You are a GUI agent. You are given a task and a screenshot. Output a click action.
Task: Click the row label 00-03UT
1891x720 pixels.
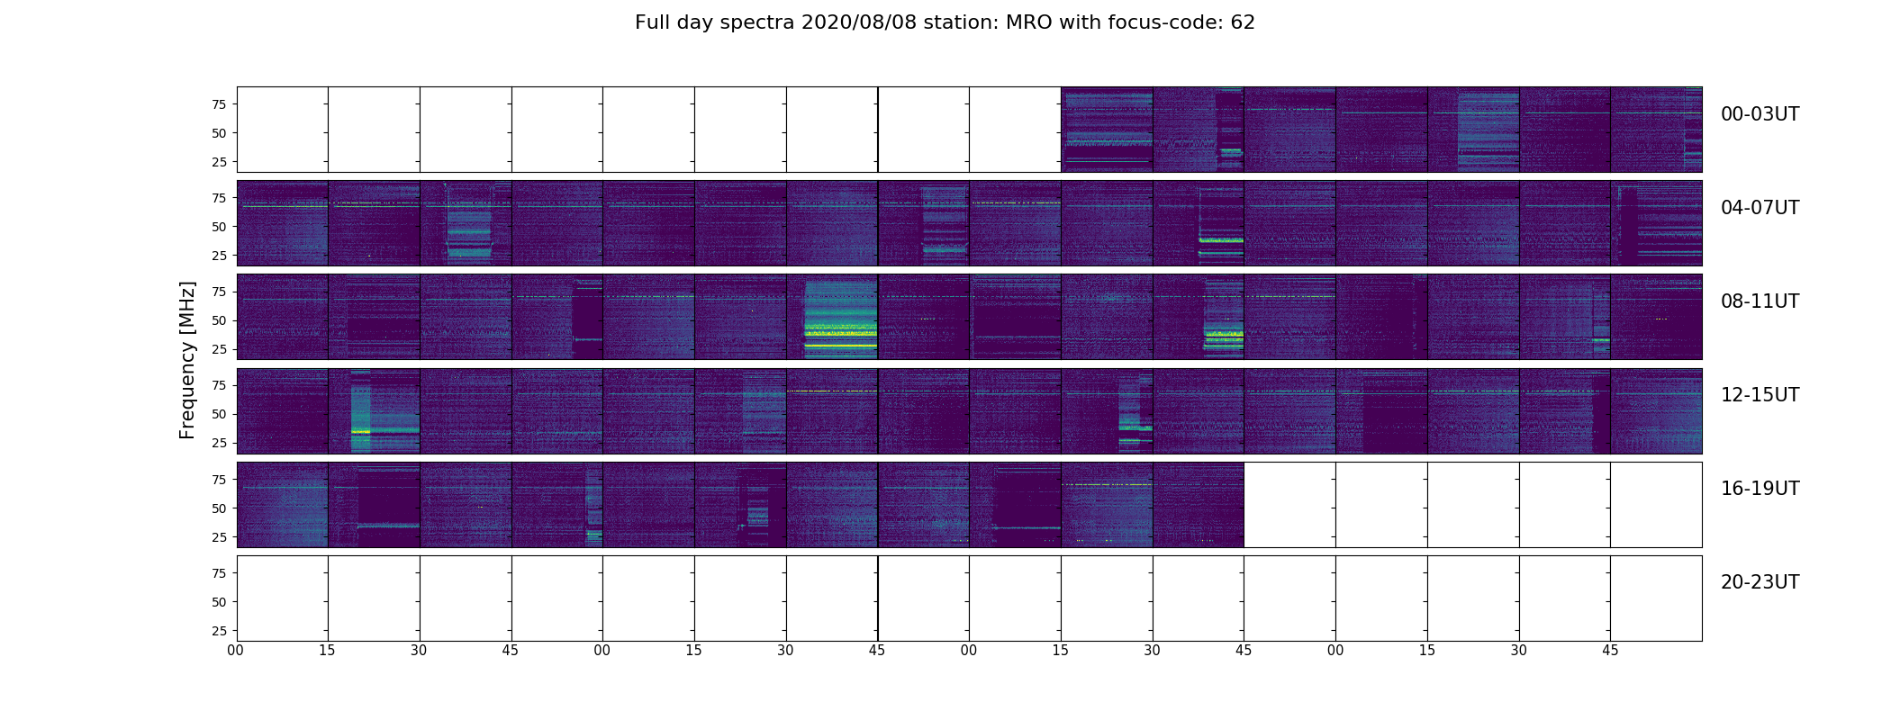[x=1760, y=114]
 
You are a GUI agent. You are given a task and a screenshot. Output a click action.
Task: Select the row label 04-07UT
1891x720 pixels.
[x=1760, y=208]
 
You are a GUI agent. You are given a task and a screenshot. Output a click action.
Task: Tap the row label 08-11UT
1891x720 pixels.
[x=1760, y=301]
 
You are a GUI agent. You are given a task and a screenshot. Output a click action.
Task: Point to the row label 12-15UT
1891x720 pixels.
[x=1760, y=395]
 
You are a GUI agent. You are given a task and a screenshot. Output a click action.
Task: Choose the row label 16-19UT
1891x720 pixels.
[x=1760, y=489]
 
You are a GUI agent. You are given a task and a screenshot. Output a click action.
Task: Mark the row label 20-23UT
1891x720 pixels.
[x=1760, y=582]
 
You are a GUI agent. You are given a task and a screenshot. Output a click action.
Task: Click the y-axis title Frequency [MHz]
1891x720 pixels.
[x=187, y=360]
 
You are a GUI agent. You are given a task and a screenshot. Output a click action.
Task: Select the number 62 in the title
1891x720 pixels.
[x=1243, y=22]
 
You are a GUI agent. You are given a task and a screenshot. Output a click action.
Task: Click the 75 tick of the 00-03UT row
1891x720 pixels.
[x=219, y=104]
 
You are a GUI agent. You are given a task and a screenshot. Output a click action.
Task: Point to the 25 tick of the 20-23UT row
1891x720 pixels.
[x=219, y=631]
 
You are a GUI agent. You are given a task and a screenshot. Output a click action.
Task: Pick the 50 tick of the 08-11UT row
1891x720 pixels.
[x=219, y=320]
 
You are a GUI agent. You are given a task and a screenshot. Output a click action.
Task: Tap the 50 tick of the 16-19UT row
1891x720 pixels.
[x=219, y=508]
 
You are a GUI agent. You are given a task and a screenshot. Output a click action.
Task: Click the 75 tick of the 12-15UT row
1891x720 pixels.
[x=219, y=385]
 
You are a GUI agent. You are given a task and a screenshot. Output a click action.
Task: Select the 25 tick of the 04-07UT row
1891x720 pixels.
[x=219, y=256]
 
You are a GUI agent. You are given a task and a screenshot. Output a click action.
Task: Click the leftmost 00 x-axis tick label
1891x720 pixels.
[x=236, y=651]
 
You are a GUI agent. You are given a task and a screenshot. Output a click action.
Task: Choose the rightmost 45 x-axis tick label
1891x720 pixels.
[x=1610, y=651]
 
